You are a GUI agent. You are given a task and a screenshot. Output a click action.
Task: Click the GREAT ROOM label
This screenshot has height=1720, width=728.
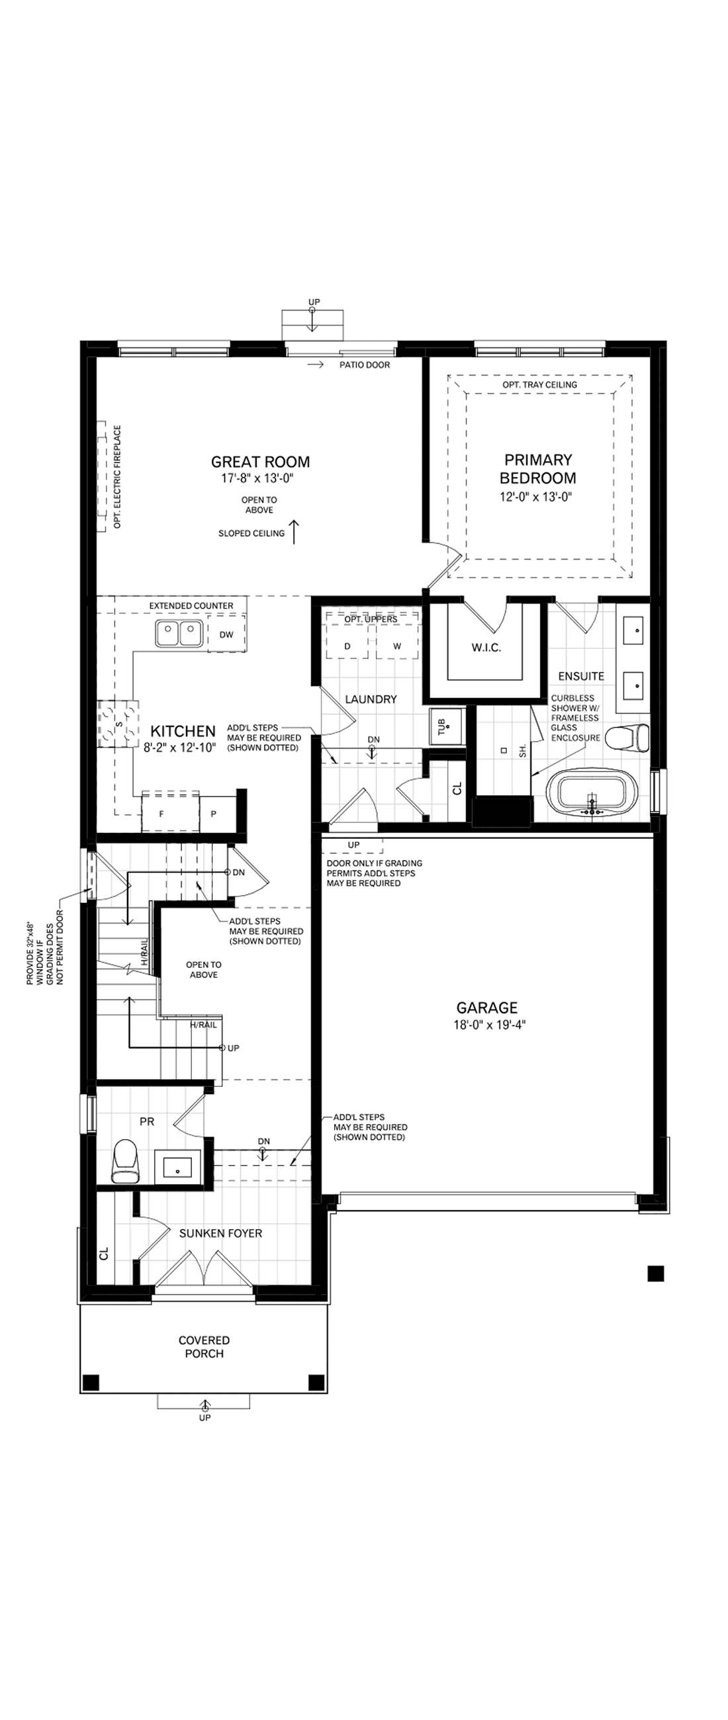[x=261, y=461]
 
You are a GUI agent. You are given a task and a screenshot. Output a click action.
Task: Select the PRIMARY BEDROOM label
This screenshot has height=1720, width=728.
[x=538, y=469]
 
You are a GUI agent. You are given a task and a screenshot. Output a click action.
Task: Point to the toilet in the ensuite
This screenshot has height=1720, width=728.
[x=627, y=737]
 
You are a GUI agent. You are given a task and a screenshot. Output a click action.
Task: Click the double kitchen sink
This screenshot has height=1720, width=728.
[x=179, y=633]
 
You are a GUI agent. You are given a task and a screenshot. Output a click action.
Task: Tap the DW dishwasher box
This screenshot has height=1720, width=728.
[x=226, y=634]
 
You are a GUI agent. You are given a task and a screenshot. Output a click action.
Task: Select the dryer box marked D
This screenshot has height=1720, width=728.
[x=347, y=646]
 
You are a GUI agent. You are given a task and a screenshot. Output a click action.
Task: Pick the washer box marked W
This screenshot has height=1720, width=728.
[x=396, y=646]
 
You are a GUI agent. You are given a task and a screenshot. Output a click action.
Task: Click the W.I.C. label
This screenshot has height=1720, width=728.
[x=486, y=648]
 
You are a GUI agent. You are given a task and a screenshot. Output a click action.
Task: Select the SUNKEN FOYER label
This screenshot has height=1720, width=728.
[x=220, y=1233]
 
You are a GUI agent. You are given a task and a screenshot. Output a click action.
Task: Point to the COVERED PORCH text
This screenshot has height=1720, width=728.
[x=205, y=1347]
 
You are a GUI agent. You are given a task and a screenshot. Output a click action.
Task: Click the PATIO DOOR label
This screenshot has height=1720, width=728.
[x=365, y=365]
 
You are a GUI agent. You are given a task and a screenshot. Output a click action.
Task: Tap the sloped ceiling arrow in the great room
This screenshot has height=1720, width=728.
[x=295, y=532]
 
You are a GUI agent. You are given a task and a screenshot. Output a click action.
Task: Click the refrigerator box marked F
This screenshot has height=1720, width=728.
[x=161, y=813]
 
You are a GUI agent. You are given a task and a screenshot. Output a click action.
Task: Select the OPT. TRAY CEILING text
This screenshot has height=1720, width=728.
[x=539, y=384]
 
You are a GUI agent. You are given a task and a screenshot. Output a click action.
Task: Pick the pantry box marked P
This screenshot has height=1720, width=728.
[x=214, y=813]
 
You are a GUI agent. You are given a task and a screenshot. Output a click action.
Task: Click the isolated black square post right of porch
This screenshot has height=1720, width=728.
[x=655, y=1273]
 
